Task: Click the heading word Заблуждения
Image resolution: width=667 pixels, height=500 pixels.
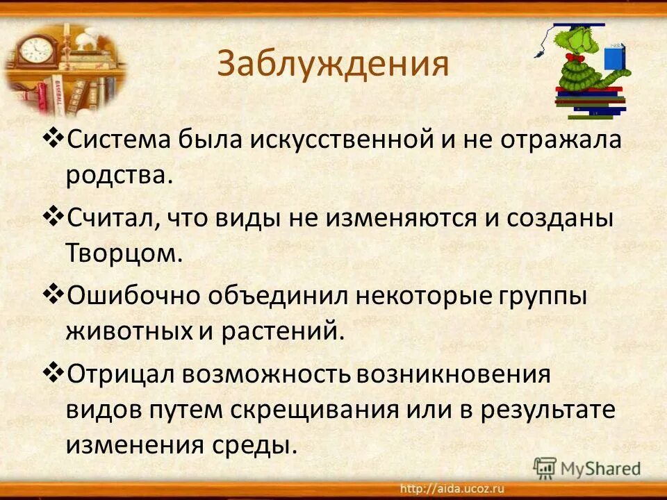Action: coord(333,64)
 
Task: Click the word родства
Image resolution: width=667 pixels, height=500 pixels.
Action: coord(118,174)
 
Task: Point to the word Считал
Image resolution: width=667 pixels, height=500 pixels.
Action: coord(110,219)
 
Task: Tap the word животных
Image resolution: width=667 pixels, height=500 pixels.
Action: coord(129,330)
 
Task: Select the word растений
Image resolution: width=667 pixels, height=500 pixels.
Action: coord(283,330)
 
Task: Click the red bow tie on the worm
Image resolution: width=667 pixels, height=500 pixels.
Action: coord(574,58)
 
